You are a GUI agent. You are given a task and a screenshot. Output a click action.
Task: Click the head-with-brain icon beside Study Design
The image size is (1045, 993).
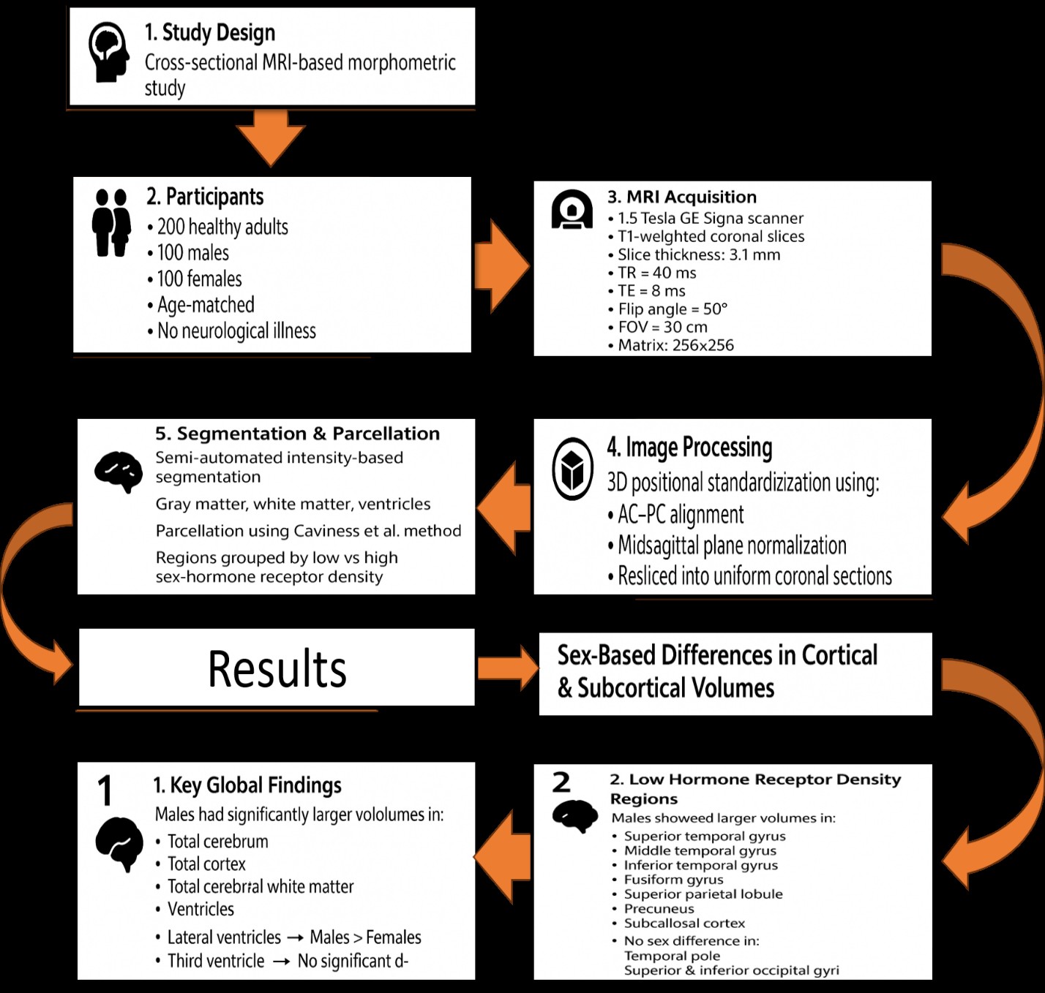click(109, 52)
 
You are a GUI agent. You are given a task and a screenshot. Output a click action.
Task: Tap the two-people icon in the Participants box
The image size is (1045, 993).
click(112, 223)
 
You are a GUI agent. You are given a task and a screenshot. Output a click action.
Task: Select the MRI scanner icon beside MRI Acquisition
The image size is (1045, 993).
click(572, 209)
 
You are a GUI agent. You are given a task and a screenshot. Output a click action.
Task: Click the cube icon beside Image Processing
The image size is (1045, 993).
click(572, 469)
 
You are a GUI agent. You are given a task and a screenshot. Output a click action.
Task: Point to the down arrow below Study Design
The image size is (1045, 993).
click(271, 138)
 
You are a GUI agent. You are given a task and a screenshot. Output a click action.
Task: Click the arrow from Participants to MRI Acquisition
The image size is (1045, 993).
click(501, 266)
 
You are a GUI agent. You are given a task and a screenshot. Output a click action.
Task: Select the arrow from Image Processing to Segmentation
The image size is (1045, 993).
click(504, 507)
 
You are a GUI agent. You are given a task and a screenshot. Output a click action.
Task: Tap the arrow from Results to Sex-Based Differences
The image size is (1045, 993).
click(508, 668)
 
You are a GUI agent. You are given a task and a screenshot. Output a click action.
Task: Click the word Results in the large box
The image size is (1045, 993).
click(277, 669)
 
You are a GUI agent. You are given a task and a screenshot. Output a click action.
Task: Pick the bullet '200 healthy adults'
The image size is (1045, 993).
click(218, 227)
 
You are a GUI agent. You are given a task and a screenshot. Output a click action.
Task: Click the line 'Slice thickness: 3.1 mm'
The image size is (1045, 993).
click(694, 255)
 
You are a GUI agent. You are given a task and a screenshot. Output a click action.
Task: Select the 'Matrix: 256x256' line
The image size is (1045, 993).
click(671, 345)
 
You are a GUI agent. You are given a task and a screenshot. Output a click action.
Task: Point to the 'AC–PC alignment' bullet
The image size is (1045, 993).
click(675, 514)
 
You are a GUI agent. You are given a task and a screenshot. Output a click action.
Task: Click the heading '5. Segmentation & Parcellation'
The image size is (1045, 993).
click(298, 434)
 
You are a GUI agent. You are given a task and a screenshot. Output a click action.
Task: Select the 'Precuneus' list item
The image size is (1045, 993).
click(653, 909)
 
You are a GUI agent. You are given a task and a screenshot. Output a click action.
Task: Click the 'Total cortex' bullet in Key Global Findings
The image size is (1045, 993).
click(201, 864)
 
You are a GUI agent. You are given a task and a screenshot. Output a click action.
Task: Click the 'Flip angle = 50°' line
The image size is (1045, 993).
click(667, 309)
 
